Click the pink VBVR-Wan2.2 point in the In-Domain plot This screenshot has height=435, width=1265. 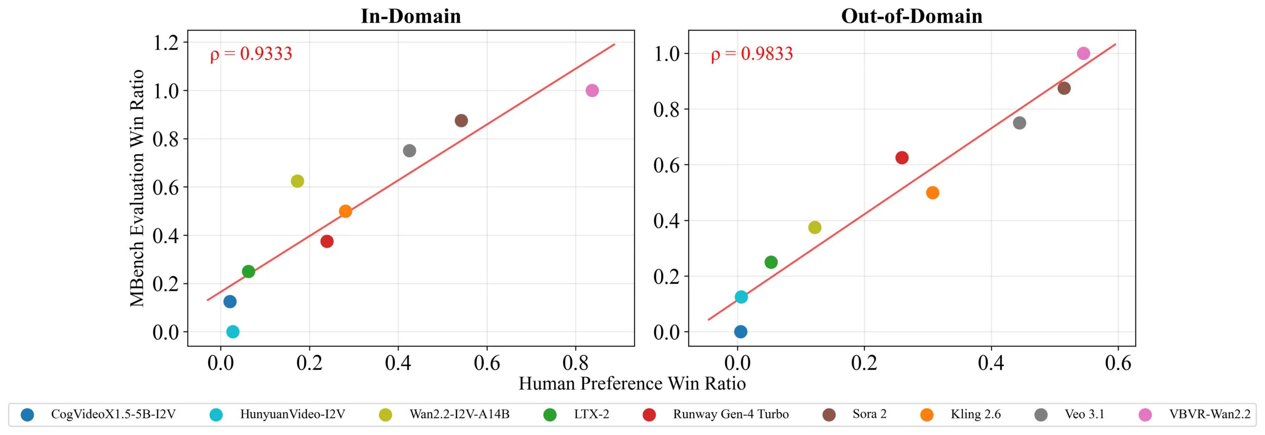(x=592, y=90)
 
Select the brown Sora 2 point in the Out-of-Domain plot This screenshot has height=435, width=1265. (x=1064, y=88)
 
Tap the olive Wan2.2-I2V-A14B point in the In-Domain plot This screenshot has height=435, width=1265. (x=297, y=181)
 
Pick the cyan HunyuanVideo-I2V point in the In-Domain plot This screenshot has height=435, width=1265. (x=233, y=332)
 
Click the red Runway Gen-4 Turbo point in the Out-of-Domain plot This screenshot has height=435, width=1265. (x=902, y=158)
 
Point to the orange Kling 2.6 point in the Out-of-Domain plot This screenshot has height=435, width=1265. (x=932, y=193)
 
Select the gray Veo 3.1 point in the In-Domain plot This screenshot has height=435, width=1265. (x=409, y=151)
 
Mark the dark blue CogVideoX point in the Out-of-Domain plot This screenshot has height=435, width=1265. (x=740, y=332)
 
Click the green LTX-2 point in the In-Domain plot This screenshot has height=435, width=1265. (x=249, y=271)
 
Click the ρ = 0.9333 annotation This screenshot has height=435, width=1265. (x=251, y=54)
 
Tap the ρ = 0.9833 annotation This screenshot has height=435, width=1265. (x=752, y=54)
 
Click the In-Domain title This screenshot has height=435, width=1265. (x=411, y=16)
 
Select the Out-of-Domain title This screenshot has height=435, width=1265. (x=912, y=16)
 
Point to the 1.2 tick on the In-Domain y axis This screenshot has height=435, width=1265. (x=166, y=43)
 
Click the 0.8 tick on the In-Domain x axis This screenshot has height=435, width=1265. (x=575, y=363)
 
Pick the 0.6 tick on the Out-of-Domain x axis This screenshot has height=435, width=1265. (x=1118, y=363)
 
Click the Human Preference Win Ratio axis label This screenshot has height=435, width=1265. (x=632, y=384)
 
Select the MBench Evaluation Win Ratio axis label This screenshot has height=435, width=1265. (x=137, y=188)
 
